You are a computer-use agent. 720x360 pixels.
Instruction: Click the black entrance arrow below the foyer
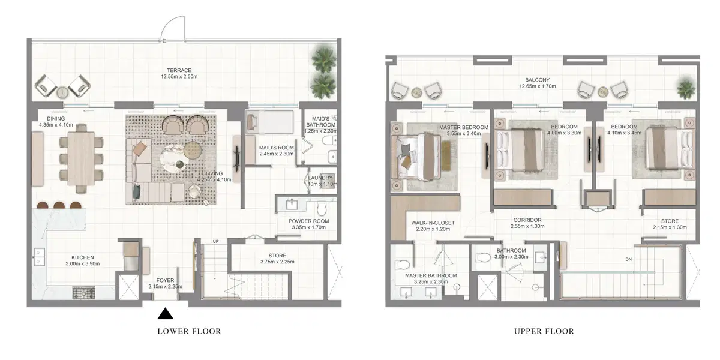click(166, 313)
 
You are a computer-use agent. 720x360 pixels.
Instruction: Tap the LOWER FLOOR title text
click(189, 331)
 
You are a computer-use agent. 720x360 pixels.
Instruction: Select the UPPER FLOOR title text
click(544, 331)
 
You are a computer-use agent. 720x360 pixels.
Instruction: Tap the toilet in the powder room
click(322, 208)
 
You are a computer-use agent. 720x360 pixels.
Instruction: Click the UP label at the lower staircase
click(216, 242)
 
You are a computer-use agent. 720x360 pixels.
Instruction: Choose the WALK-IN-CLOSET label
click(433, 223)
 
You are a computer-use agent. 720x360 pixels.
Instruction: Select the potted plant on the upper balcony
click(685, 88)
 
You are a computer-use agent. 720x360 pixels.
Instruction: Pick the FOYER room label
click(165, 280)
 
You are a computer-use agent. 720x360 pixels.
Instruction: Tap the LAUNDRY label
click(316, 178)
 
